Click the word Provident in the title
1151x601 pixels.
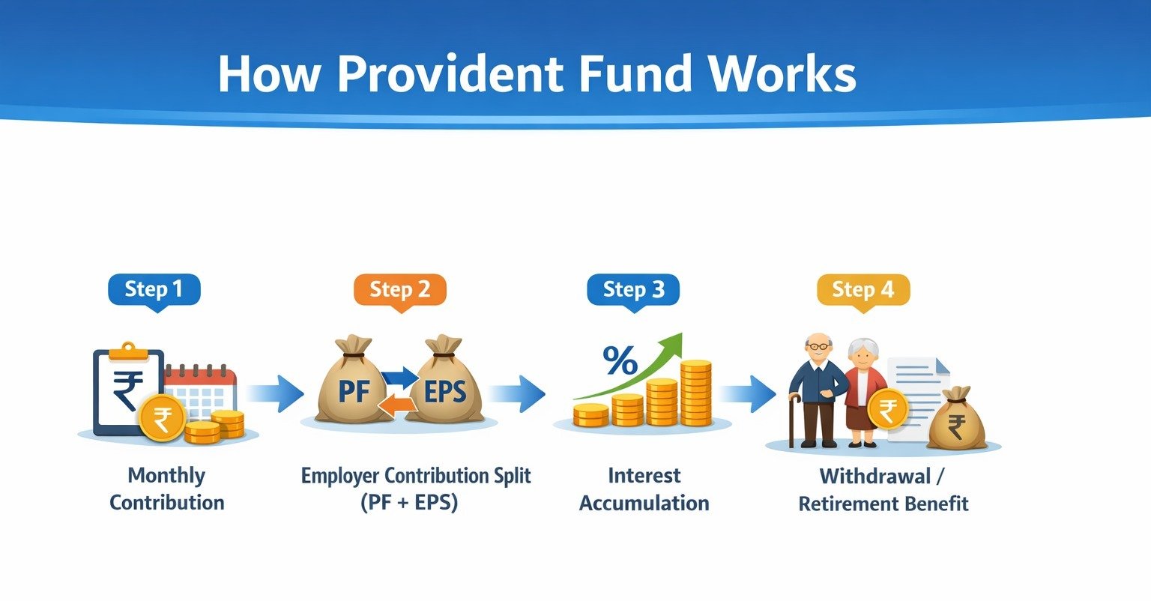(450, 73)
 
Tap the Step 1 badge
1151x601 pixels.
(154, 292)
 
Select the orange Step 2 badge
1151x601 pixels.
(400, 292)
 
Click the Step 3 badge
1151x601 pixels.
(633, 292)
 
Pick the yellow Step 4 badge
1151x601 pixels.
(864, 292)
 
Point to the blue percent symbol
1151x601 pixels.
(620, 360)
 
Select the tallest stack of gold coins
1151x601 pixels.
(696, 393)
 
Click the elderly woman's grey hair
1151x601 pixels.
(863, 347)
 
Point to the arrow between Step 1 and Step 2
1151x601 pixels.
(275, 394)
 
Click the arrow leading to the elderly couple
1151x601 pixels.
(747, 394)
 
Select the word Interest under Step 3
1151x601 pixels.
(644, 476)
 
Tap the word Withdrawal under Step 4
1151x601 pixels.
(875, 476)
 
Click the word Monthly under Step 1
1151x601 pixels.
(166, 476)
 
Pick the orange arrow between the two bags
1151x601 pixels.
(398, 405)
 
